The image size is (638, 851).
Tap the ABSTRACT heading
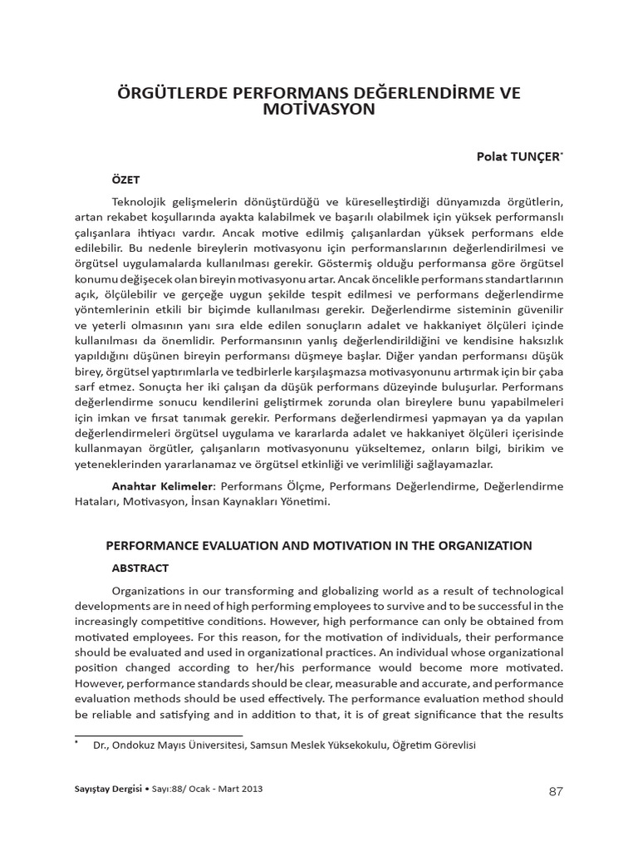tap(140, 568)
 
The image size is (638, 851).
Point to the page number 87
tap(557, 791)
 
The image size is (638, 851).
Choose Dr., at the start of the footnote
tap(102, 746)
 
